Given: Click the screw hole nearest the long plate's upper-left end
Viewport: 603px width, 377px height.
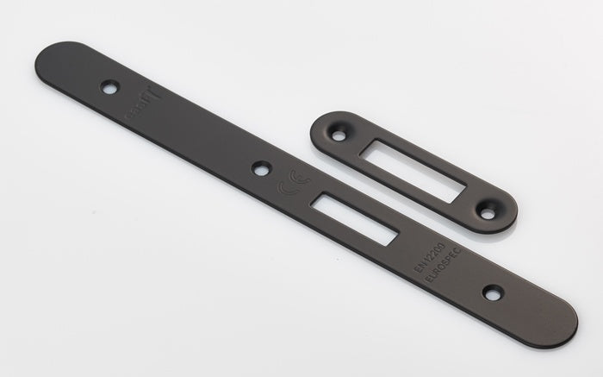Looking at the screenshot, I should [109, 86].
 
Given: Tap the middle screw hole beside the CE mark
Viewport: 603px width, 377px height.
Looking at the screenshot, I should [261, 168].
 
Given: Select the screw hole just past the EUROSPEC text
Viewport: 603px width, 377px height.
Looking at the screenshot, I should [492, 293].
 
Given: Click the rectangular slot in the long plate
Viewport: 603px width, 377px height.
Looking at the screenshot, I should [355, 218].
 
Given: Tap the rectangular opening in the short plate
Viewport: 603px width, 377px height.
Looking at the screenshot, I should [413, 168].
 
